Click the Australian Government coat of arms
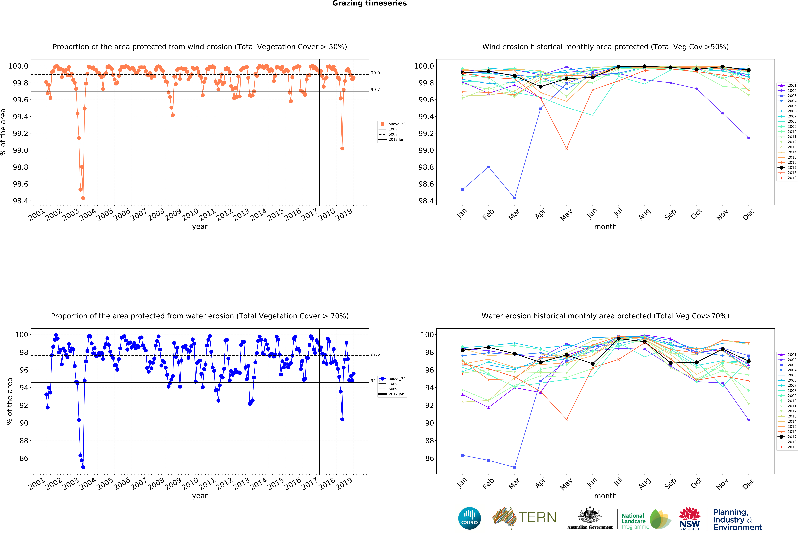(590, 515)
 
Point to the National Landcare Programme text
(635, 521)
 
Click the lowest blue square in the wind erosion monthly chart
(514, 198)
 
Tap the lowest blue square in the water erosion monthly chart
(514, 467)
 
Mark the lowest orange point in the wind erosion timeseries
(83, 198)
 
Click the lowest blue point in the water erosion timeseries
(83, 467)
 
